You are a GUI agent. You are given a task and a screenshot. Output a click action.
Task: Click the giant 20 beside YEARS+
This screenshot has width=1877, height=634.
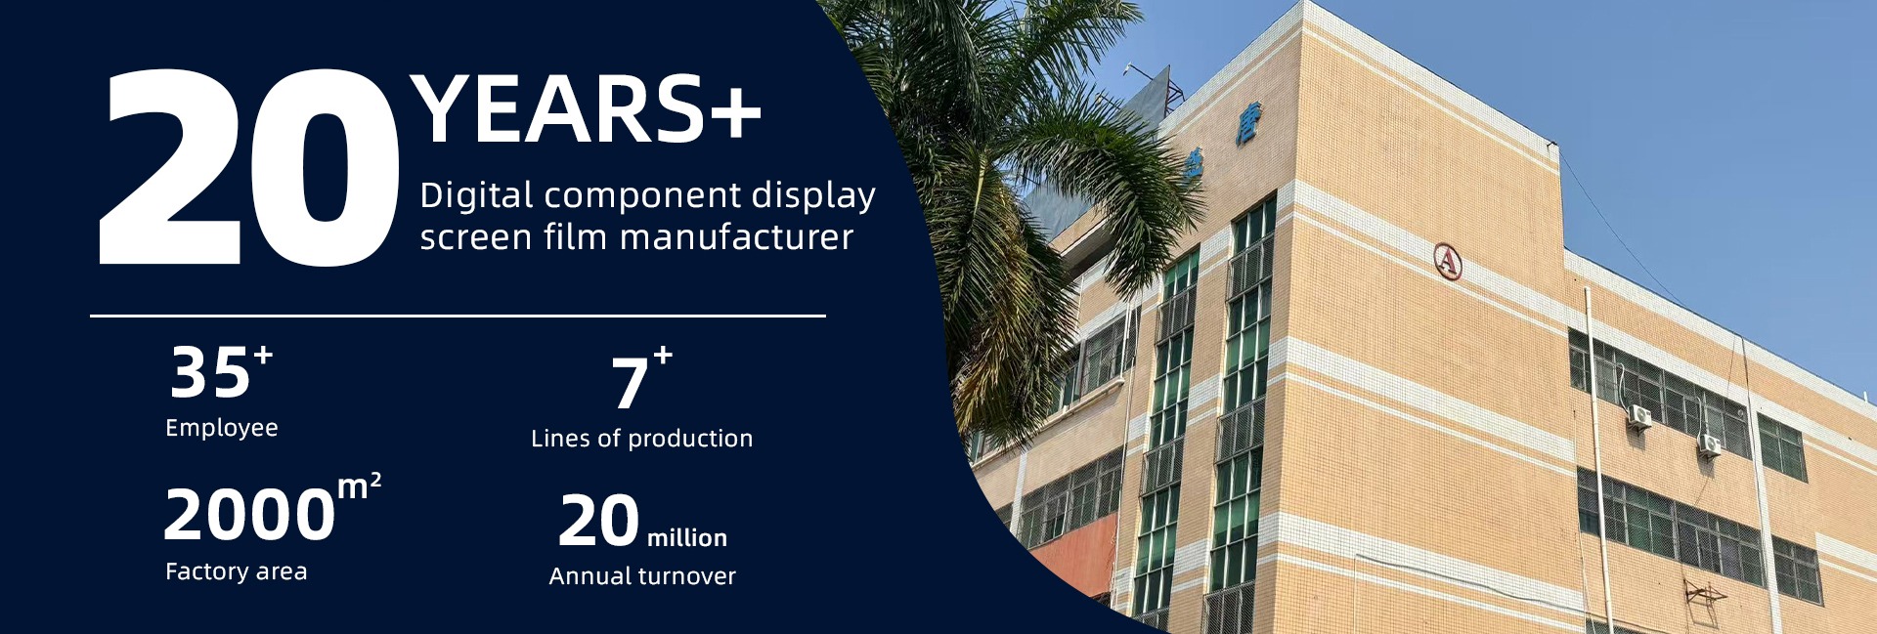coord(249,167)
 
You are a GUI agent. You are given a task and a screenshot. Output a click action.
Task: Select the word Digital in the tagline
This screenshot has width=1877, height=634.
coord(476,195)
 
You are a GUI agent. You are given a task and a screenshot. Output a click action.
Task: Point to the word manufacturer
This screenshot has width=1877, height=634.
coord(736,236)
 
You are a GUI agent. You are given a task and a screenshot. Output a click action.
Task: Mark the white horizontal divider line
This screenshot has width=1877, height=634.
coord(458,316)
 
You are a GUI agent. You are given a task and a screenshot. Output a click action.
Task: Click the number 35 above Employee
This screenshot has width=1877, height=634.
coord(209,372)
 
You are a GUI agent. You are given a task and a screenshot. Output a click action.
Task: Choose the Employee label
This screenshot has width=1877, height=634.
coord(222,428)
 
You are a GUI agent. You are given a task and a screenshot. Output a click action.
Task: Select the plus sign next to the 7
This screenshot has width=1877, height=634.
coord(663,355)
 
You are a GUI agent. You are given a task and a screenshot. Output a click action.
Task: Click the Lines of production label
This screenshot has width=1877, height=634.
coord(641,439)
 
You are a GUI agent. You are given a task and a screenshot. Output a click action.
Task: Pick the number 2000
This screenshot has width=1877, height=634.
coord(249,515)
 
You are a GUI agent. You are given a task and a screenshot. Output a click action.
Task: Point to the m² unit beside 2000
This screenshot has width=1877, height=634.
coord(360,486)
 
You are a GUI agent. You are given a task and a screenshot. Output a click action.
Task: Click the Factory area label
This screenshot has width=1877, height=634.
coord(236,571)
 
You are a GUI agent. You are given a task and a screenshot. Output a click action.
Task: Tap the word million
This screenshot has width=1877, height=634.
coord(687,537)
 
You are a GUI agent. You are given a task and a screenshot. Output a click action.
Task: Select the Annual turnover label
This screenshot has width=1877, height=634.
coord(642,576)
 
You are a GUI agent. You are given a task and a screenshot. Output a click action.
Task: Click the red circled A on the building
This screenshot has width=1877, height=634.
coord(1448,262)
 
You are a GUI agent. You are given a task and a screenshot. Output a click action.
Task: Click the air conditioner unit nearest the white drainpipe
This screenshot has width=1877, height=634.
coord(1638,417)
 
